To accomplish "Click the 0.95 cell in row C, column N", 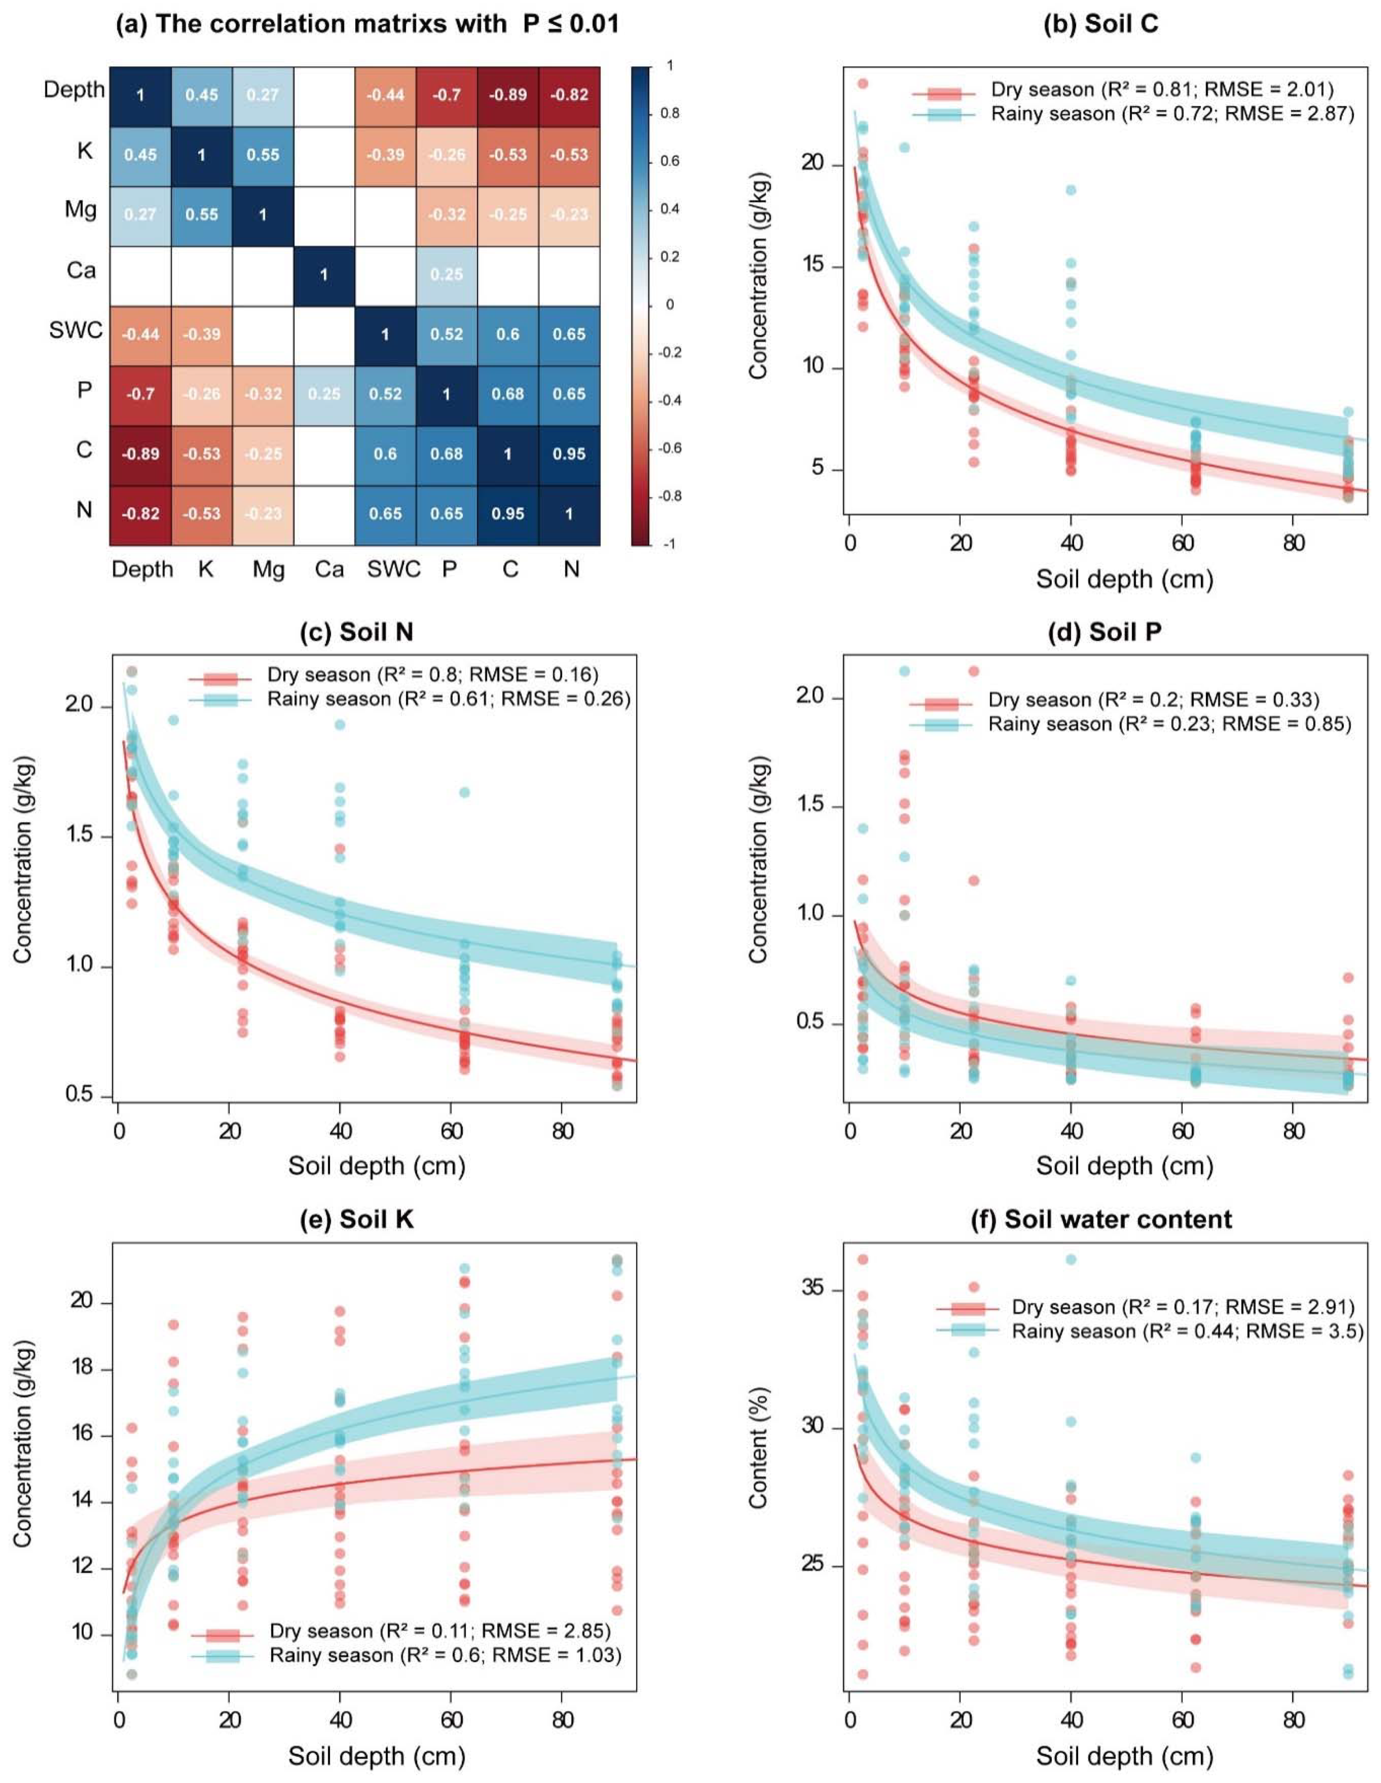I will tap(569, 454).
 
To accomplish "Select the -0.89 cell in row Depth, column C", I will tap(508, 95).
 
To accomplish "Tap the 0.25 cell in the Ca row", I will tap(447, 274).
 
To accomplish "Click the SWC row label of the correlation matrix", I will tap(76, 331).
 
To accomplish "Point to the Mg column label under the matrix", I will tap(268, 569).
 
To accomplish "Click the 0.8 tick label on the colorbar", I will tap(670, 113).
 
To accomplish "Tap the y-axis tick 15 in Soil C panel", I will tap(813, 267).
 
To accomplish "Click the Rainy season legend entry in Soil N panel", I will tap(408, 699).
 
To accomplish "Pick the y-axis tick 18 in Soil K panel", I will tap(82, 1369).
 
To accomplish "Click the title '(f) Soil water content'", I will tap(1102, 1219).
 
